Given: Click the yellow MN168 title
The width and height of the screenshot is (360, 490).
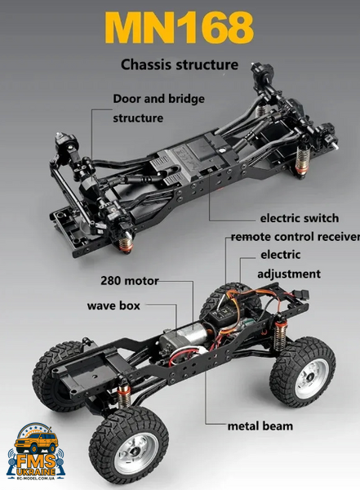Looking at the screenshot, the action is [x=180, y=28].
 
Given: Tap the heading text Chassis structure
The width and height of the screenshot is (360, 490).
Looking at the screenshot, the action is [x=180, y=65].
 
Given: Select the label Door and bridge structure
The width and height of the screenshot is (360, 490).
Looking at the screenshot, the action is [x=158, y=108].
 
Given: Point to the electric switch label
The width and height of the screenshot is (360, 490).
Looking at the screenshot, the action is [x=299, y=218].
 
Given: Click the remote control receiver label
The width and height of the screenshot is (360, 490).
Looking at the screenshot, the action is [x=296, y=237].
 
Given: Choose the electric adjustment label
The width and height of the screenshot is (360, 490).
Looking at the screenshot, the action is [x=289, y=264].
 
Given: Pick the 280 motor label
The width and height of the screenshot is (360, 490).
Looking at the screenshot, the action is [x=129, y=281].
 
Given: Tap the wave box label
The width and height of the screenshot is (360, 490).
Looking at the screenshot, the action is [x=113, y=305].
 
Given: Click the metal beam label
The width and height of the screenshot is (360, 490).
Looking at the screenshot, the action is [x=260, y=426].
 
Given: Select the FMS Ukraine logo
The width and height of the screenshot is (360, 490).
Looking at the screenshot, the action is [x=36, y=452].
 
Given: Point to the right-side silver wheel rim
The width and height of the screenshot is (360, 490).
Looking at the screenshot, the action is [x=311, y=378].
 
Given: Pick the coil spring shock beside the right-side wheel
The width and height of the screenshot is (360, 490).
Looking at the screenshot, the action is [x=280, y=333].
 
